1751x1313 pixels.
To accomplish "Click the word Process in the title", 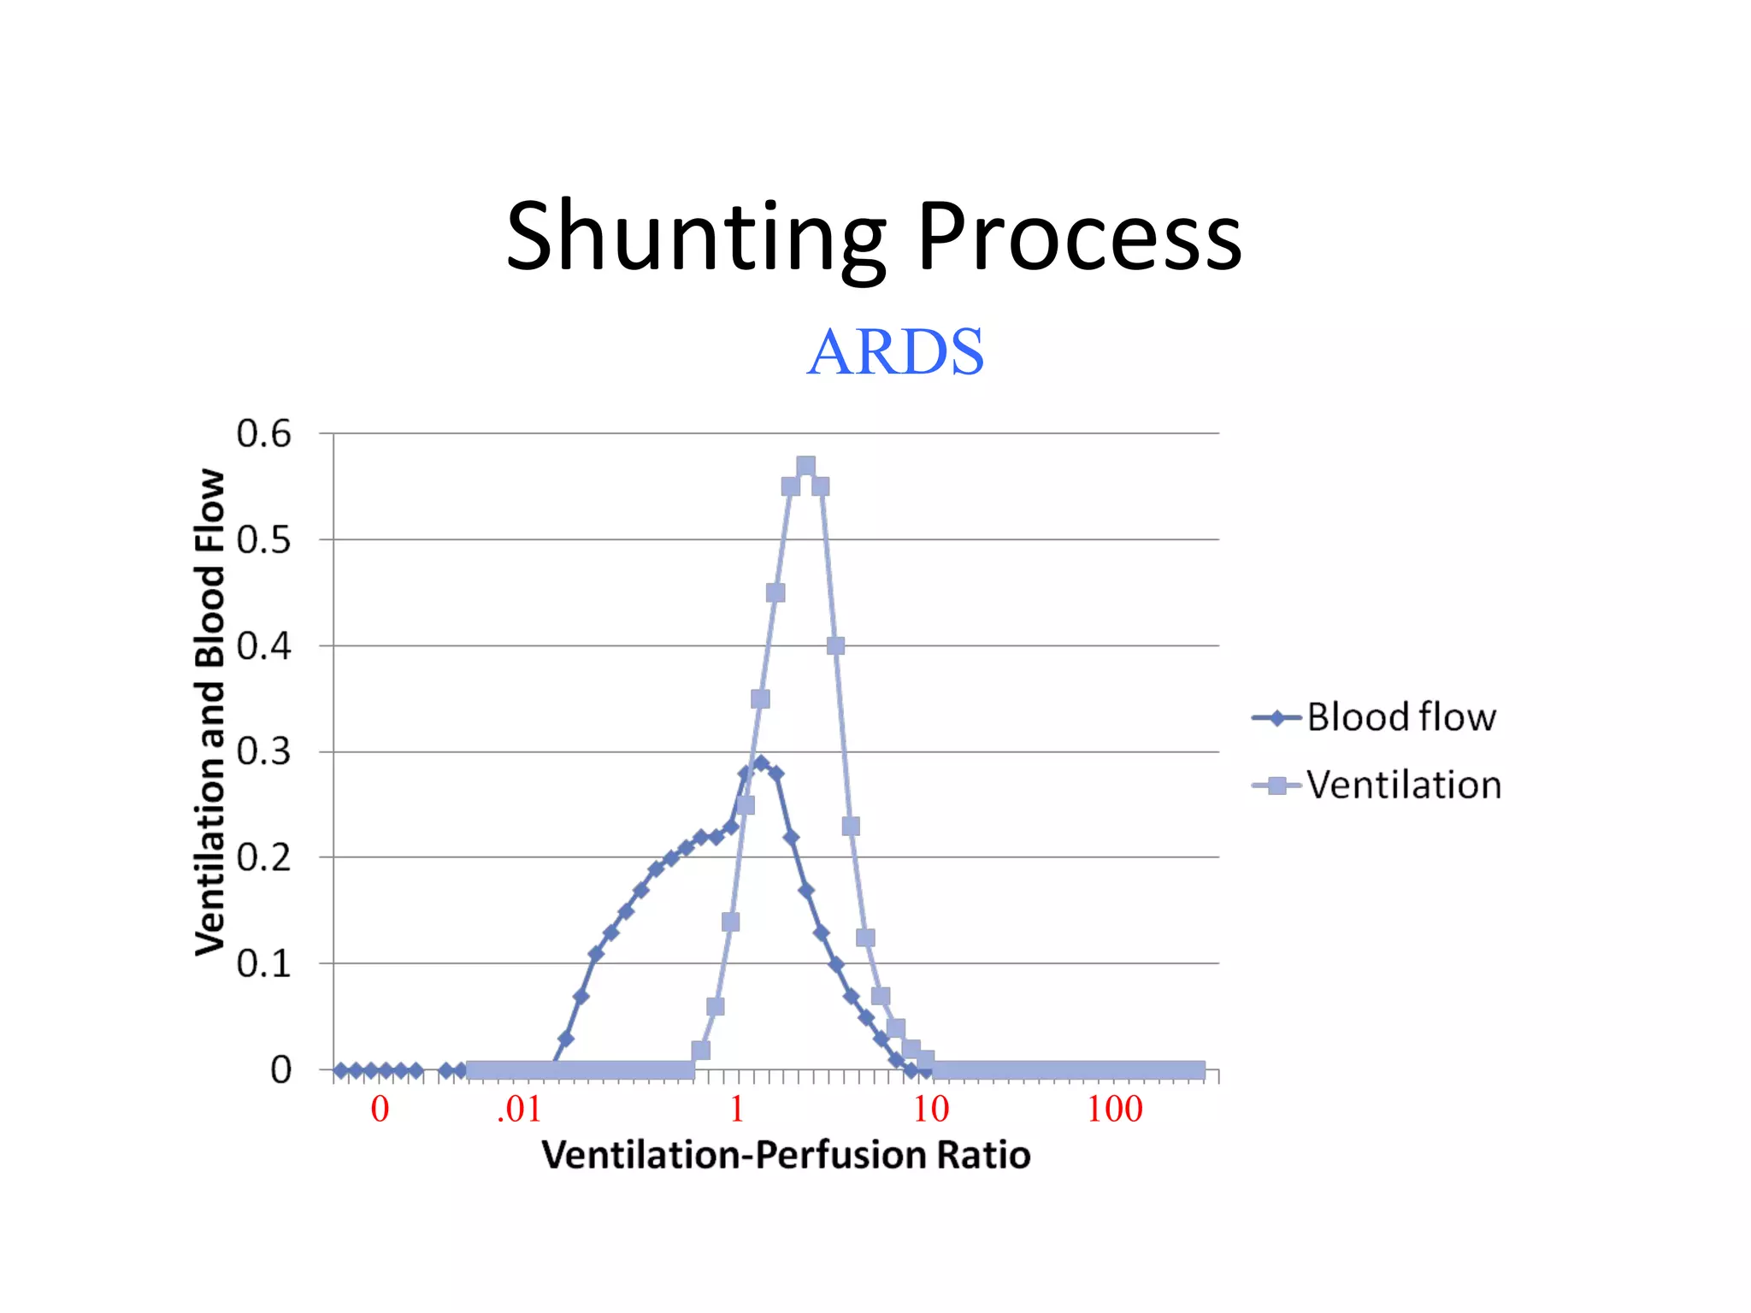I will pos(1079,238).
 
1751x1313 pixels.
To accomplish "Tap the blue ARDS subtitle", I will pos(895,352).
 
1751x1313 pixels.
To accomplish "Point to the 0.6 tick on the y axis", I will pos(263,434).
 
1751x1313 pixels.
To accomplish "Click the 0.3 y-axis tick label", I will pos(263,752).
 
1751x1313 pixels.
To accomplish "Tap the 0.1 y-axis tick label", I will pos(263,964).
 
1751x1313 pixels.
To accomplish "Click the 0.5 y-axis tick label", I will pos(263,540).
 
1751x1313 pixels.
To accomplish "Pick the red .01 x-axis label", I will pos(519,1110).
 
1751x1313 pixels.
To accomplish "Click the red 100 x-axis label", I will pos(1115,1110).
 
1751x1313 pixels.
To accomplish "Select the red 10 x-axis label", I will pos(931,1110).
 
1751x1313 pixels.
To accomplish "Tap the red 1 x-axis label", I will pos(737,1110).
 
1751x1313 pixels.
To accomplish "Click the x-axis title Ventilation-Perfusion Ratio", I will pos(786,1155).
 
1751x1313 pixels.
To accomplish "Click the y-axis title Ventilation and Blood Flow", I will pos(209,711).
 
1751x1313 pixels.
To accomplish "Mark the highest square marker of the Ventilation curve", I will pos(805,466).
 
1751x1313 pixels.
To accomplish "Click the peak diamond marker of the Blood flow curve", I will pos(761,762).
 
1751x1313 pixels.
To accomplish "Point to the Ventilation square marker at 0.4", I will pos(836,646).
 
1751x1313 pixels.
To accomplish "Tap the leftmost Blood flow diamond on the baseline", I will pos(341,1070).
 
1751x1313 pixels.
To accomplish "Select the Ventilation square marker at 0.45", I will pos(775,592).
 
